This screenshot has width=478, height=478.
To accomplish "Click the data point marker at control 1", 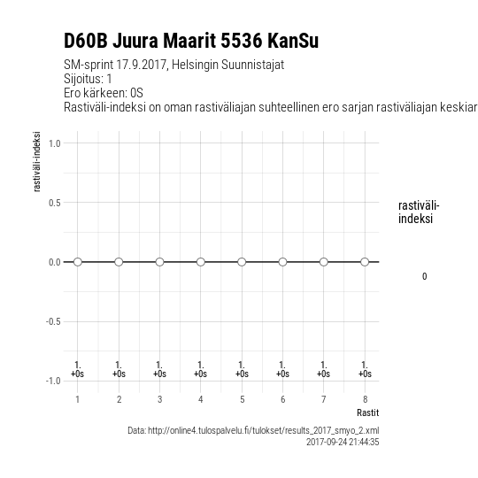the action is (x=78, y=262).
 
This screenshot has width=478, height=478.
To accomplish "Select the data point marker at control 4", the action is (x=201, y=262).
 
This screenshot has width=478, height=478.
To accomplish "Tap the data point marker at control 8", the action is (x=365, y=262).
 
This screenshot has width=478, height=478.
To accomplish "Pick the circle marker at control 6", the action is (x=282, y=262).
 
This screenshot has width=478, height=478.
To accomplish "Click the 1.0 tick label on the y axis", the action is (x=55, y=143).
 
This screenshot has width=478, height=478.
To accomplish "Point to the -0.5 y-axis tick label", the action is (x=53, y=321).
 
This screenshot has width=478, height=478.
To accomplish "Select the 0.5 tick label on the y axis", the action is (x=55, y=203).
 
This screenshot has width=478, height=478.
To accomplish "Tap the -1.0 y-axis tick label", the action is (x=53, y=381).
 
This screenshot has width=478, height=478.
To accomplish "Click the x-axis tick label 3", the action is (x=159, y=399).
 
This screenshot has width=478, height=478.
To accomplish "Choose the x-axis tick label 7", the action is (x=324, y=399).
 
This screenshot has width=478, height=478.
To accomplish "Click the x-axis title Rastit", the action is (x=368, y=412).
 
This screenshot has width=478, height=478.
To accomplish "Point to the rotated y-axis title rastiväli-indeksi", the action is (x=36, y=162).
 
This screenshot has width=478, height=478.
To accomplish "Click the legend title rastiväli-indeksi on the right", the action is (x=419, y=212).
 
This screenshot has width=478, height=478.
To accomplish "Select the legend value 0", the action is (x=424, y=276).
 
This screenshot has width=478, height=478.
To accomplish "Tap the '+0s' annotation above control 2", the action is (x=119, y=374).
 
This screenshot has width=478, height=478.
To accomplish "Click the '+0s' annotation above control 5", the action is (x=242, y=374).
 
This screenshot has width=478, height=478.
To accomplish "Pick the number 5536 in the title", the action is (x=241, y=41).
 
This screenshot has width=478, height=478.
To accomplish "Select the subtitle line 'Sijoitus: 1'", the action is (x=88, y=79).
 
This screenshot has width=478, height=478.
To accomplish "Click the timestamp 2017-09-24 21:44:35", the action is (x=343, y=442).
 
